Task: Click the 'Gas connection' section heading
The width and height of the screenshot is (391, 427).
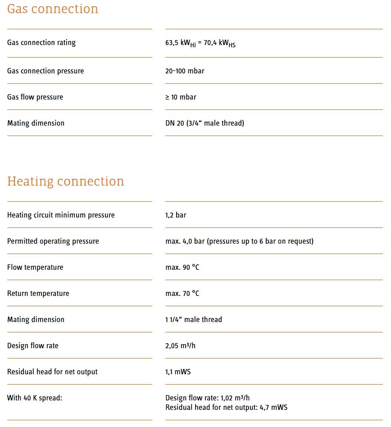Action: click(53, 9)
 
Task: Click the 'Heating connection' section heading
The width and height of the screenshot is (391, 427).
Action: click(66, 181)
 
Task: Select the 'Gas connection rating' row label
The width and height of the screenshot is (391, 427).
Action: click(41, 43)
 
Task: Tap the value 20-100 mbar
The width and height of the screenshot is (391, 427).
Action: click(185, 71)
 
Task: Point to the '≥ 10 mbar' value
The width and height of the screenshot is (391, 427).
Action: click(181, 97)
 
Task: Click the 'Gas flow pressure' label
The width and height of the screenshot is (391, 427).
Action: click(35, 97)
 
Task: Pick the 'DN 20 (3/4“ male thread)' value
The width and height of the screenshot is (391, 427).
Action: click(205, 123)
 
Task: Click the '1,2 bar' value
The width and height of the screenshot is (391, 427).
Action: click(176, 215)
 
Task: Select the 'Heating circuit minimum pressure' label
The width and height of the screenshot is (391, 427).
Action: click(61, 215)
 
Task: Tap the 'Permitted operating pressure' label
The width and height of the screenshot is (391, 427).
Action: click(53, 241)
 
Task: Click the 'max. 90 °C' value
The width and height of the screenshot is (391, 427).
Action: click(182, 267)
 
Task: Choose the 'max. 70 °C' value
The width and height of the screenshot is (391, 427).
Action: click(182, 293)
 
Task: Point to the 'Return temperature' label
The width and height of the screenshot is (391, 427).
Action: click(38, 293)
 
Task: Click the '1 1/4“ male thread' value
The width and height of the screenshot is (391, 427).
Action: click(194, 319)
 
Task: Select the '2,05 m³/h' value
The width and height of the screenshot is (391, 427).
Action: click(180, 345)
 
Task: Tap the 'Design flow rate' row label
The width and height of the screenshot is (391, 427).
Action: click(33, 345)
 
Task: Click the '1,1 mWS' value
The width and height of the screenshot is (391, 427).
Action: click(178, 372)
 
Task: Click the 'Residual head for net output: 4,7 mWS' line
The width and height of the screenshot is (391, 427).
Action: click(226, 407)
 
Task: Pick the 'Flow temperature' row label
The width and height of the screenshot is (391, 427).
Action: click(35, 267)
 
